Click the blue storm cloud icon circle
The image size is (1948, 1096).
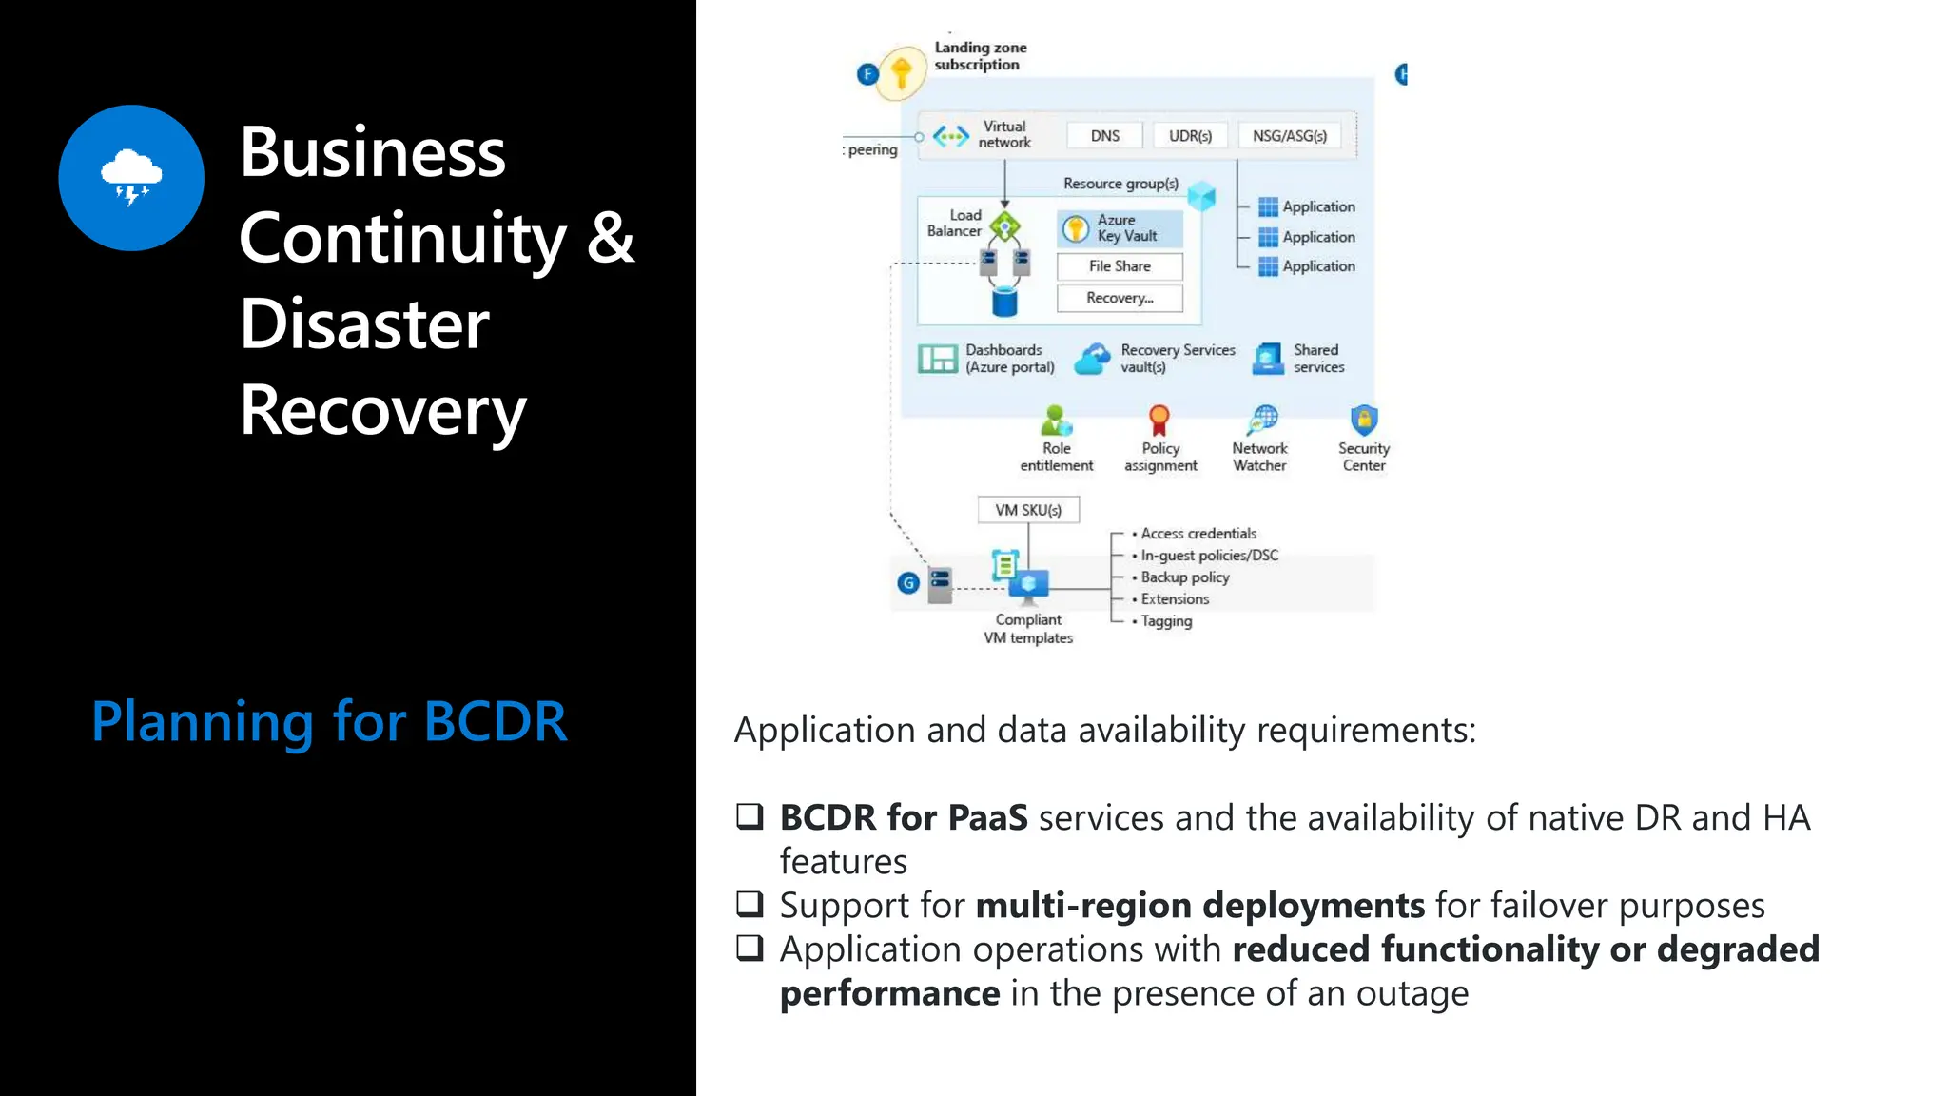coord(131,178)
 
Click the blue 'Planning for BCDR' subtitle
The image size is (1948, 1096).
coord(329,721)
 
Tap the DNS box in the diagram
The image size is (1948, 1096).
coord(1104,136)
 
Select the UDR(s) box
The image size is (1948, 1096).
coord(1190,136)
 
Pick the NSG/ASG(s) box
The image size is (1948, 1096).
coord(1289,136)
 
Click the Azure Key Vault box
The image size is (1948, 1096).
coord(1120,228)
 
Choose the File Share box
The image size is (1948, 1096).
coord(1120,266)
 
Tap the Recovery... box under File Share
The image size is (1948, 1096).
coord(1120,298)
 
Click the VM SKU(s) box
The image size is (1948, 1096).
coord(1028,510)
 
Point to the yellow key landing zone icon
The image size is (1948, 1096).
coord(901,72)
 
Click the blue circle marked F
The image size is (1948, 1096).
coord(867,73)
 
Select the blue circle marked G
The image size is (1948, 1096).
coord(908,582)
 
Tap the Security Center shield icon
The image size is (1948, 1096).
coord(1364,420)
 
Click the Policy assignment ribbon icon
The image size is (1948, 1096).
coord(1159,420)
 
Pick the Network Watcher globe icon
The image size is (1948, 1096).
coord(1263,420)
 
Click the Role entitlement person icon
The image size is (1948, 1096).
coord(1056,420)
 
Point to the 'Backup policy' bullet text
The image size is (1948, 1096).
coord(1185,577)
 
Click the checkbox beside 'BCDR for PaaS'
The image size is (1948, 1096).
coord(750,816)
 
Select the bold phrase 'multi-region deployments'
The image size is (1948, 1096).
coord(1199,905)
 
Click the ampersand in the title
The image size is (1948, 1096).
coord(610,238)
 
